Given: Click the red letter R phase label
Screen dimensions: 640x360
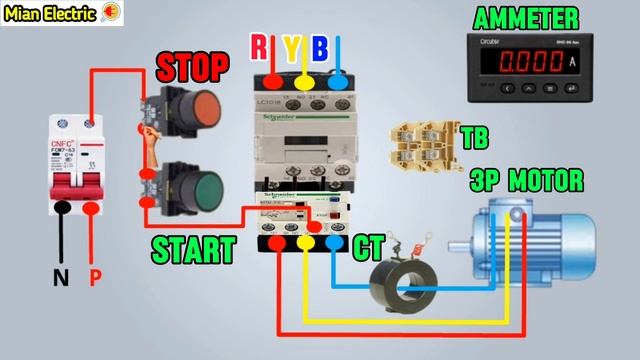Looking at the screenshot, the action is point(259,47).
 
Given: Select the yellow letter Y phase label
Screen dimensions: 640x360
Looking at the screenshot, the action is point(289,47).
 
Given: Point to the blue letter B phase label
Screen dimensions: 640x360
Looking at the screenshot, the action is point(319,47).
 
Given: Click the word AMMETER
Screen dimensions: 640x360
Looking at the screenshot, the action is point(539,18).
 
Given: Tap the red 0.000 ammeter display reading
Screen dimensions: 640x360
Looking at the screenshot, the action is point(534,62).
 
